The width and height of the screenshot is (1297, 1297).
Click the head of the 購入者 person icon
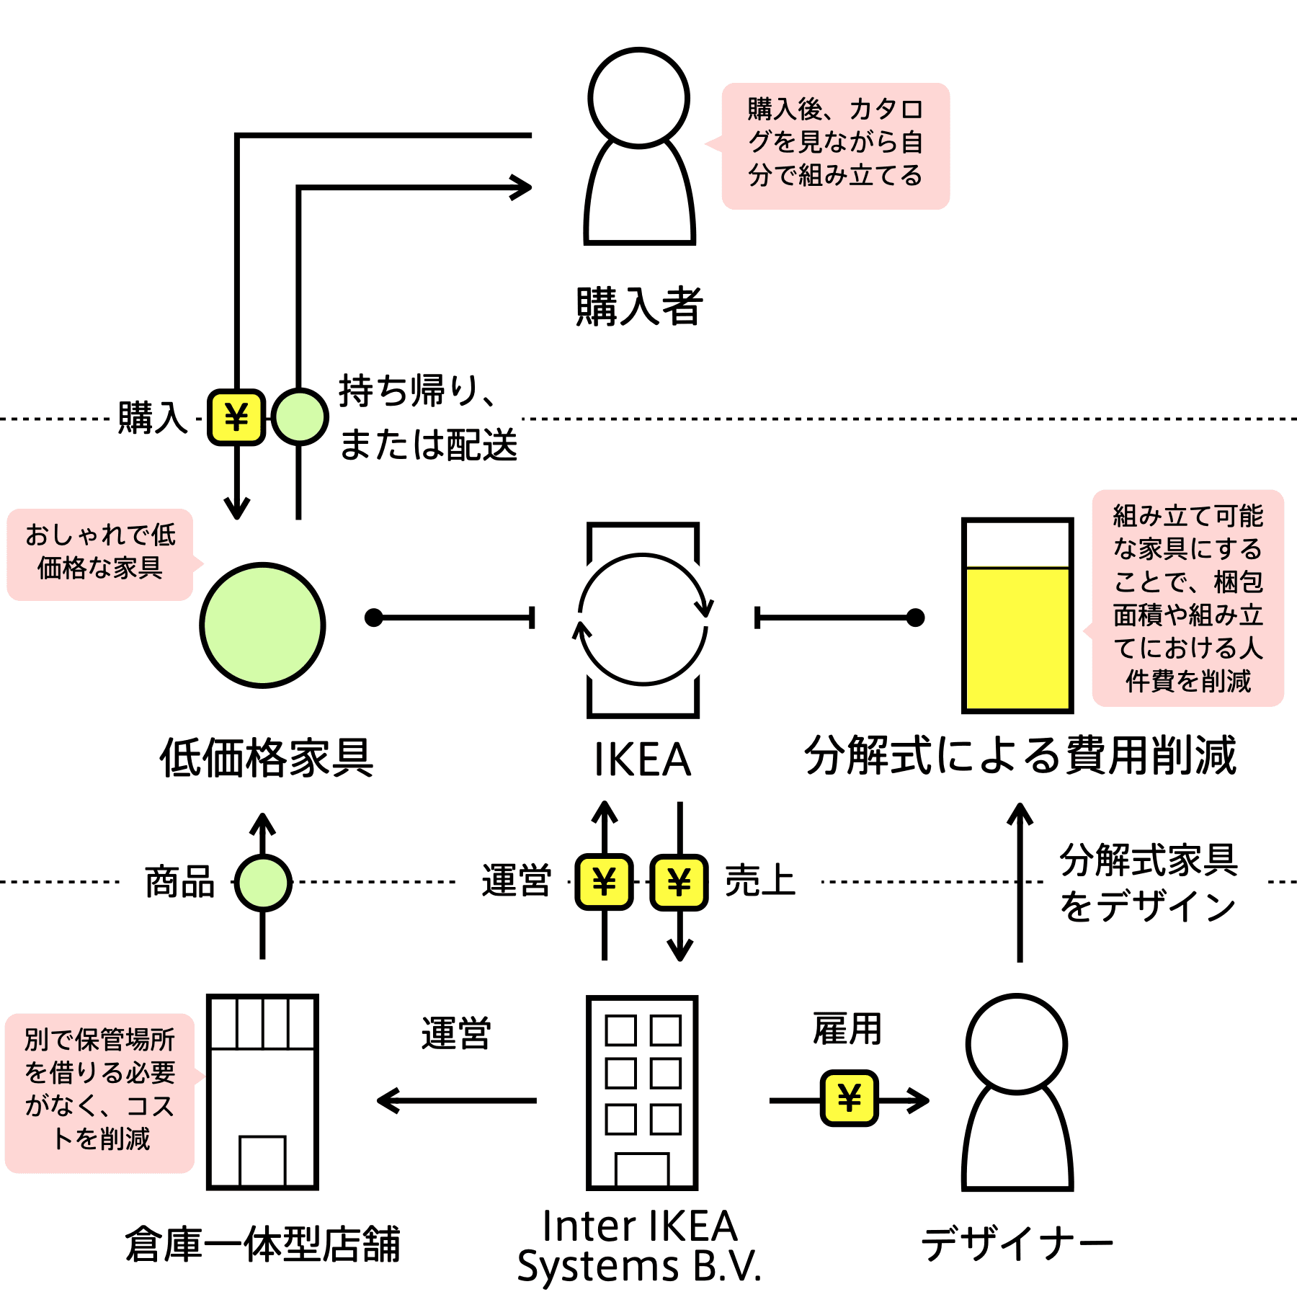click(x=639, y=98)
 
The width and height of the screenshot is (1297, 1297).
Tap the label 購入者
click(x=639, y=307)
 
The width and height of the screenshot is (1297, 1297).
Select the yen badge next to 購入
click(x=236, y=417)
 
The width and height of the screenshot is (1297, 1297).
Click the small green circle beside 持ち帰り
click(x=299, y=416)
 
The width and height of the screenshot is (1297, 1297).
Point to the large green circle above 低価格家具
click(x=262, y=625)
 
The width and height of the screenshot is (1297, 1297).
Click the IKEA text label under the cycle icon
click(x=643, y=759)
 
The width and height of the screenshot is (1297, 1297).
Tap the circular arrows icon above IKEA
click(x=643, y=619)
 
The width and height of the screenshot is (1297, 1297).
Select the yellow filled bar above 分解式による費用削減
click(x=1017, y=638)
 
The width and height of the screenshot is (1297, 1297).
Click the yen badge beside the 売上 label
click(x=679, y=882)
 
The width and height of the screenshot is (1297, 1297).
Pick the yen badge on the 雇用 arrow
click(x=850, y=1098)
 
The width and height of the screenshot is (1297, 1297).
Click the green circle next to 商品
click(x=263, y=882)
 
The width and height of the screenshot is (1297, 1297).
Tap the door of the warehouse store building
click(x=262, y=1160)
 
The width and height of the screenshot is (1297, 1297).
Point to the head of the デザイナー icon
click(x=1017, y=1044)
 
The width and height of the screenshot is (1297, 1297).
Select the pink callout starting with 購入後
click(x=834, y=146)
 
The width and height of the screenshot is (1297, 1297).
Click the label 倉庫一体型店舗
click(x=262, y=1244)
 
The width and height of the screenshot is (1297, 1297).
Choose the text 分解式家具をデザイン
click(x=1149, y=883)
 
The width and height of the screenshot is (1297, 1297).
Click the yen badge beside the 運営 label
click(x=605, y=882)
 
